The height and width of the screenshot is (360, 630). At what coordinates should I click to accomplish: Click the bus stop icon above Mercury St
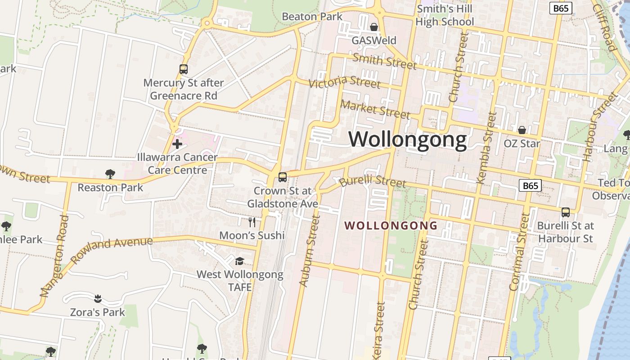(x=183, y=69)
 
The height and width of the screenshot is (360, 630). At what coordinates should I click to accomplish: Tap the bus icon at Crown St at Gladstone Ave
(x=283, y=177)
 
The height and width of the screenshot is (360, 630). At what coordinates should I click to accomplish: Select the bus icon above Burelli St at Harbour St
(x=566, y=212)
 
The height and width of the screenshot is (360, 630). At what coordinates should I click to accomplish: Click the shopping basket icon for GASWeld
(x=374, y=27)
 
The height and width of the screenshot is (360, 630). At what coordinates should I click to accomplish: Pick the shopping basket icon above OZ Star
(x=522, y=130)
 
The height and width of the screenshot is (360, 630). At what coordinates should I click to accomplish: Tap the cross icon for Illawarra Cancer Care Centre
(x=177, y=144)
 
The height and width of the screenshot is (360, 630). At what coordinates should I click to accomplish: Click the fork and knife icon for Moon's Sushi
(x=252, y=222)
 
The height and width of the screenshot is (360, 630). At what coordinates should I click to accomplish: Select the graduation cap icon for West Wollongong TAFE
(x=239, y=261)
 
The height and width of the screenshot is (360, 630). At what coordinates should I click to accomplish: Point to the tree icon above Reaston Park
(x=110, y=174)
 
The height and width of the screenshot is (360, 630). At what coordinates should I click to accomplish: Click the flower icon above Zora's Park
(x=98, y=298)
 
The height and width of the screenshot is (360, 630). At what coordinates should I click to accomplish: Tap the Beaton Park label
(x=312, y=17)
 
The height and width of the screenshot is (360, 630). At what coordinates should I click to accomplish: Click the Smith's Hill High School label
(x=445, y=15)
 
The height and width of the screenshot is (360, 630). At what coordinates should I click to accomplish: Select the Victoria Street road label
(x=345, y=82)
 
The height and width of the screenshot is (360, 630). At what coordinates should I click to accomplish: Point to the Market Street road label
(x=375, y=109)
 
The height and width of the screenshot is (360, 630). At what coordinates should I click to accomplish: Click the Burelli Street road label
(x=373, y=181)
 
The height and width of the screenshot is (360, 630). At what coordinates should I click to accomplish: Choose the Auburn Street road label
(x=310, y=251)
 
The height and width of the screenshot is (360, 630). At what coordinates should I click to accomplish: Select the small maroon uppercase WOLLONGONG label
(x=391, y=225)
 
